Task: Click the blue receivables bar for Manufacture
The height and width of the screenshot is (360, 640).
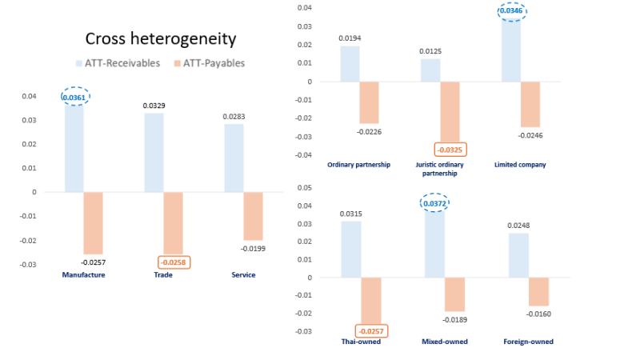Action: coord(74,148)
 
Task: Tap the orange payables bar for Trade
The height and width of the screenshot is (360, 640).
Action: coord(173,222)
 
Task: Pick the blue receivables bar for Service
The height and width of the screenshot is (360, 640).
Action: coord(233,158)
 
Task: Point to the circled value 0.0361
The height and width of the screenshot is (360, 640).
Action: coord(74,98)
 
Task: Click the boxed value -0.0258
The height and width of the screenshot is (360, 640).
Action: coord(174,262)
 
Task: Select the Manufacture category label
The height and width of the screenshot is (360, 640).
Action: coord(83,275)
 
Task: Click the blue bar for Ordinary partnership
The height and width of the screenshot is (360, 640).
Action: coord(350,64)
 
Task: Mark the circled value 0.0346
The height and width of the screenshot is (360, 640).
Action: coord(510,11)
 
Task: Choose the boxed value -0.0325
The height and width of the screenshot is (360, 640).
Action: coord(450,149)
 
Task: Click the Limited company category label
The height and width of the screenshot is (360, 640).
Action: coord(520,165)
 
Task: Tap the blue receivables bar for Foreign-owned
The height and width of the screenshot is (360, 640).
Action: coord(518,255)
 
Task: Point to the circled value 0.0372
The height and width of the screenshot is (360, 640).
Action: coord(434,203)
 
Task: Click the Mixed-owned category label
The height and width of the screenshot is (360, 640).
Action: coord(444,342)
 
